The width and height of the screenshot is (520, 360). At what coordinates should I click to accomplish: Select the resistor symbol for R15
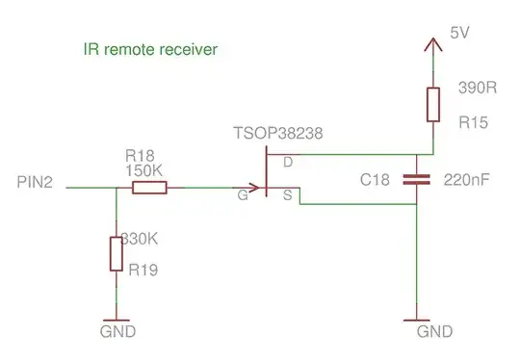432,104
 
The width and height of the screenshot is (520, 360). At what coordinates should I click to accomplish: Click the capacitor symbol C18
417,179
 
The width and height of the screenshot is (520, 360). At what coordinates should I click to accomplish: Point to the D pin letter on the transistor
286,163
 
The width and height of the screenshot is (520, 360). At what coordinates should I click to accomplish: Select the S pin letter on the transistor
286,194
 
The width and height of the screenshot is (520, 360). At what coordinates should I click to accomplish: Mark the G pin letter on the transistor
244,194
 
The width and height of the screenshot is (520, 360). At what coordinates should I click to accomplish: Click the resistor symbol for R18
149,188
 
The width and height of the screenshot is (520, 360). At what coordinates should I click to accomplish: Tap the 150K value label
144,169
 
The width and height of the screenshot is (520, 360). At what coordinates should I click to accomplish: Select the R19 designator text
143,270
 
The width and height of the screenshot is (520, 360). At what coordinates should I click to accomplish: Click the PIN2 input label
36,182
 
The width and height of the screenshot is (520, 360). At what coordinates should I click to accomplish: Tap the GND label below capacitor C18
434,332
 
